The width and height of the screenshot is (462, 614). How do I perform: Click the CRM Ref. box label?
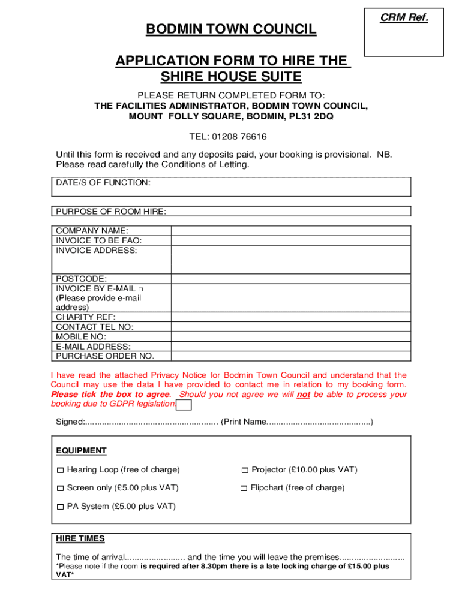pyautogui.click(x=404, y=18)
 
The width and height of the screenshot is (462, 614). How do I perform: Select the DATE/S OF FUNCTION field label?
pyautogui.click(x=103, y=182)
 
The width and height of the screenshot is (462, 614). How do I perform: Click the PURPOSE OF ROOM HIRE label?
pyautogui.click(x=111, y=211)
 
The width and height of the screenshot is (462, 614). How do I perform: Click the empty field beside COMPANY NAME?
pyautogui.click(x=291, y=231)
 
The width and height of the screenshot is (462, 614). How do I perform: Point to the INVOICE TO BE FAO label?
pyautogui.click(x=99, y=240)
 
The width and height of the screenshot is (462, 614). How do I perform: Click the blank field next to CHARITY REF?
pyautogui.click(x=291, y=317)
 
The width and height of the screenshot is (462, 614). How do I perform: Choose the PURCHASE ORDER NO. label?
pyautogui.click(x=105, y=356)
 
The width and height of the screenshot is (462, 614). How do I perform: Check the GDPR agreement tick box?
pyautogui.click(x=185, y=405)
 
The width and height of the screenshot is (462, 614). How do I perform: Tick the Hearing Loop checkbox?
pyautogui.click(x=60, y=470)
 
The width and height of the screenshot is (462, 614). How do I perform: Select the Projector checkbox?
pyautogui.click(x=244, y=470)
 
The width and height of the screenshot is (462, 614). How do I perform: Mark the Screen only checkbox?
pyautogui.click(x=60, y=489)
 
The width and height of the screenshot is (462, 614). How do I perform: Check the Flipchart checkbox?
pyautogui.click(x=244, y=489)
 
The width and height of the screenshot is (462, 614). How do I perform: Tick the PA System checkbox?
pyautogui.click(x=60, y=507)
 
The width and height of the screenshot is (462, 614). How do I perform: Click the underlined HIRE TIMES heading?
pyautogui.click(x=80, y=538)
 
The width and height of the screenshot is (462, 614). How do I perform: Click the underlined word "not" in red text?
pyautogui.click(x=304, y=395)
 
